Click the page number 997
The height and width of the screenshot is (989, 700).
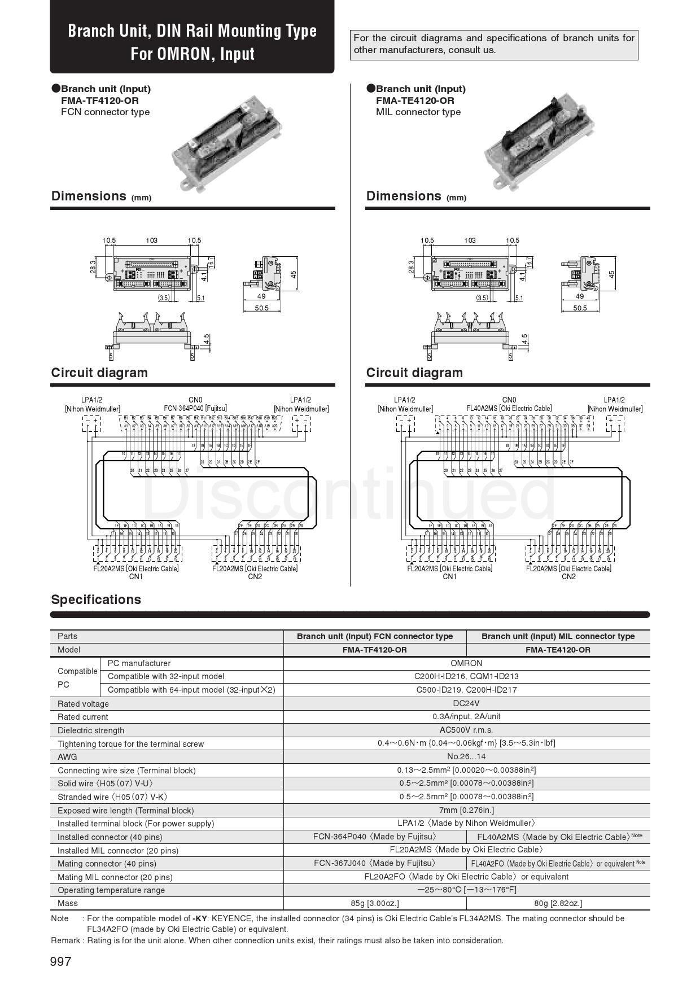61,961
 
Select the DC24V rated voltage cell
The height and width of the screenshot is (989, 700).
466,703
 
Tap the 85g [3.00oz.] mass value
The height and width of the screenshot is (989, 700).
375,903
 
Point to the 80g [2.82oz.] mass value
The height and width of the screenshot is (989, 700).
558,903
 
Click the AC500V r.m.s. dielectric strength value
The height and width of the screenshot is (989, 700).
466,730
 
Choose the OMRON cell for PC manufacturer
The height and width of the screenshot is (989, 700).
466,663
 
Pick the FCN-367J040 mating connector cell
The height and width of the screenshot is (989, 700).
375,863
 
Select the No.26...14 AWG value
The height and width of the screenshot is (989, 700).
466,756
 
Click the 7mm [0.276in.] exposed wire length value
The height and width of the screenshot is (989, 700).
466,810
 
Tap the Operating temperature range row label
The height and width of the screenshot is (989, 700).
111,890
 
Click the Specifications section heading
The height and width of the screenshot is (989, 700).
96,599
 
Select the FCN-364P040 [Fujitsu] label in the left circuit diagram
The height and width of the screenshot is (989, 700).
195,408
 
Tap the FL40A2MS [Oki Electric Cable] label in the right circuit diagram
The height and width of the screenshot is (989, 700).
509,408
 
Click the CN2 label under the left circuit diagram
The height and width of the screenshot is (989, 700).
255,576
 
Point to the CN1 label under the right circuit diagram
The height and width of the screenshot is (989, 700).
449,576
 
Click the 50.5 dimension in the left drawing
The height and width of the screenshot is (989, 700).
261,308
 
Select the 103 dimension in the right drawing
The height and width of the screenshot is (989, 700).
470,240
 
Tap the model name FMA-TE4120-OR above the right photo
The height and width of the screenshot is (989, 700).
415,100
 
